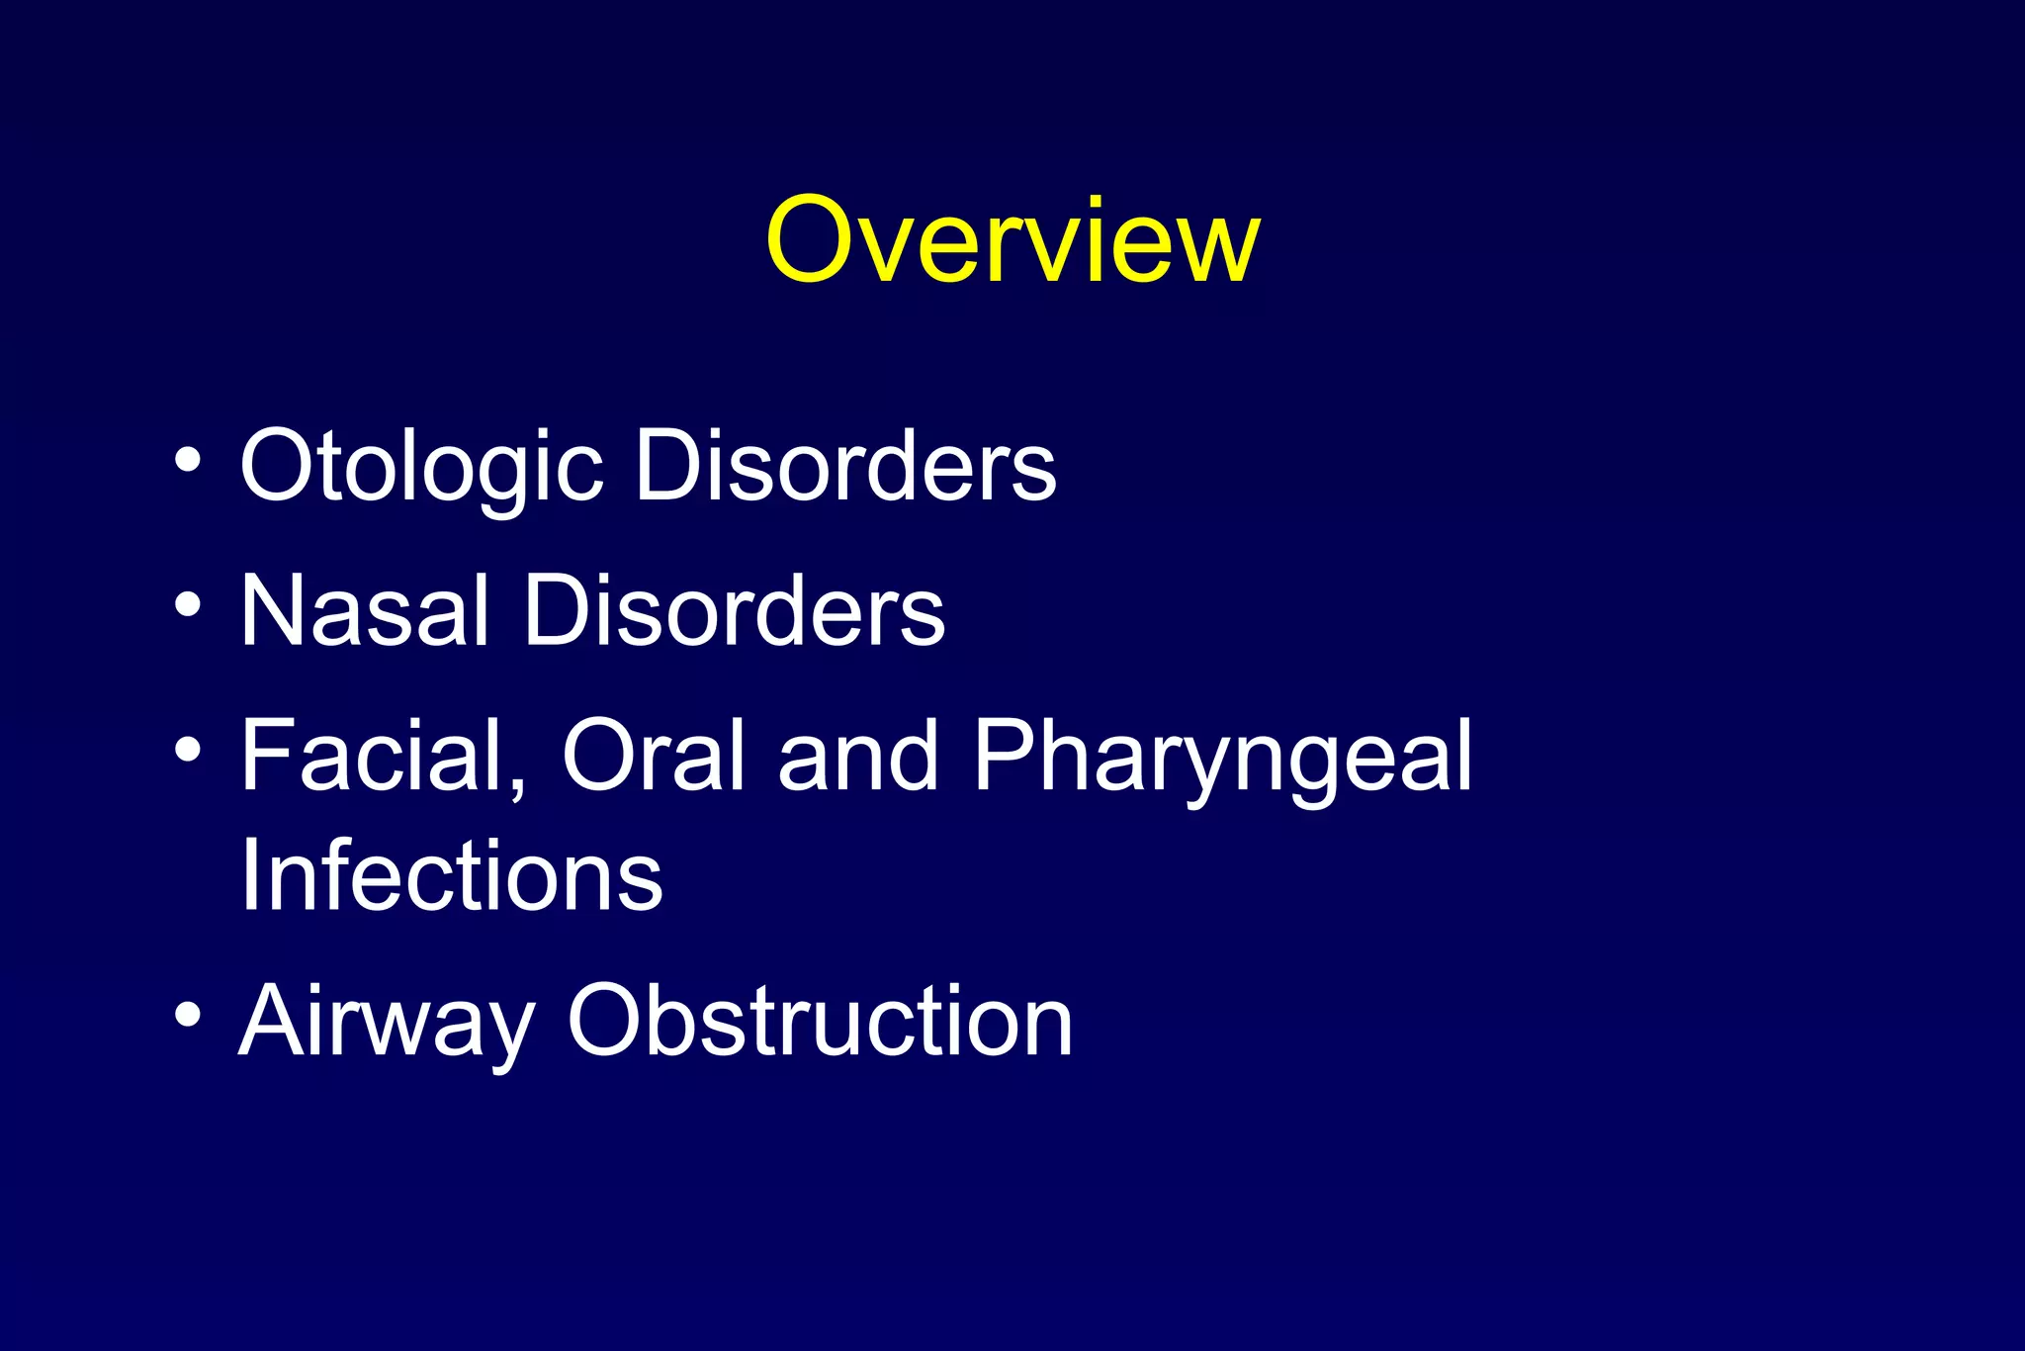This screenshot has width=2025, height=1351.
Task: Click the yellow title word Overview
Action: pyautogui.click(x=1012, y=240)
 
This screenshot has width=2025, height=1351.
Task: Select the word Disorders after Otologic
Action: pyautogui.click(x=845, y=465)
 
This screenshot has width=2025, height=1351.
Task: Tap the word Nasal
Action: pyautogui.click(x=365, y=611)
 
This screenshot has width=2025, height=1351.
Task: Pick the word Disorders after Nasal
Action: pyautogui.click(x=734, y=611)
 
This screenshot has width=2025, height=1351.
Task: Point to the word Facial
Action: pyautogui.click(x=384, y=757)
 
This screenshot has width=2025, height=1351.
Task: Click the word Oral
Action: pyautogui.click(x=653, y=757)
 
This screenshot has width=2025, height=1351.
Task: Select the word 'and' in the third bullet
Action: pyautogui.click(x=857, y=757)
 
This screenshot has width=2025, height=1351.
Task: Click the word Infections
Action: pyautogui.click(x=452, y=875)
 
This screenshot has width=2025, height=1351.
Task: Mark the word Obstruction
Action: pyautogui.click(x=820, y=1021)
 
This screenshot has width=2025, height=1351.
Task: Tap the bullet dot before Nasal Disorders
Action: pyautogui.click(x=187, y=604)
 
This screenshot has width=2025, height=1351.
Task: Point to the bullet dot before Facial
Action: pyautogui.click(x=187, y=750)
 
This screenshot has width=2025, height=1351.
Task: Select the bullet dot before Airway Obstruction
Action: pyautogui.click(x=187, y=1014)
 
